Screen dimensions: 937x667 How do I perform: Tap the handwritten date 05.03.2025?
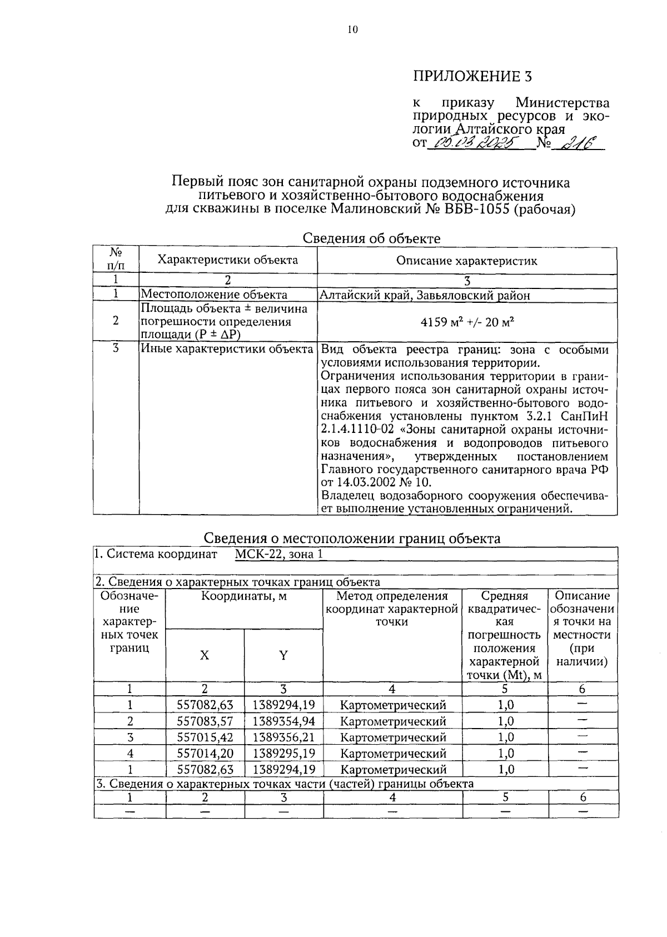(x=476, y=143)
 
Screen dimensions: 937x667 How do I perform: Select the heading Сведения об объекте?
(x=371, y=238)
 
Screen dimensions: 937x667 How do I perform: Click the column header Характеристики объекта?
(x=227, y=260)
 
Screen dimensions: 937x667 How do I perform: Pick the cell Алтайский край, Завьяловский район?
(x=425, y=295)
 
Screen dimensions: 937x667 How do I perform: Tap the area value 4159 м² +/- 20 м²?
(x=466, y=321)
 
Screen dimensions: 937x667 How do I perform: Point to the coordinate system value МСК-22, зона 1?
(x=278, y=554)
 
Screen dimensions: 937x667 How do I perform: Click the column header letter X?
(x=205, y=655)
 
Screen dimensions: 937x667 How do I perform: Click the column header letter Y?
(x=283, y=655)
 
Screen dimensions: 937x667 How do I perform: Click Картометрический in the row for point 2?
(x=392, y=721)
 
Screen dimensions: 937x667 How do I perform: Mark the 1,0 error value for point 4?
(x=505, y=754)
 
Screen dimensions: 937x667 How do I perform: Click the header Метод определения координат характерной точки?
(x=392, y=609)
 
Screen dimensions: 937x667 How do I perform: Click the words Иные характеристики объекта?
(x=227, y=350)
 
